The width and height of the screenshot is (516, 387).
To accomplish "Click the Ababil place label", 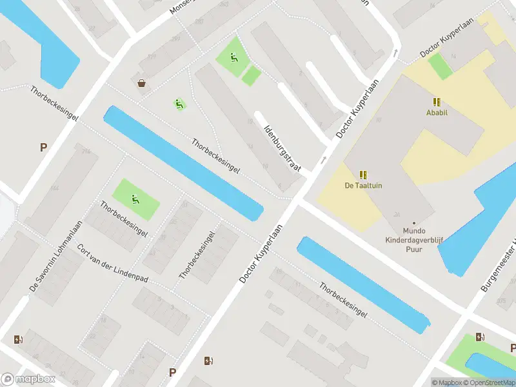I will coord(437,112).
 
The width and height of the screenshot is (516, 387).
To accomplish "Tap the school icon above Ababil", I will coord(437,102).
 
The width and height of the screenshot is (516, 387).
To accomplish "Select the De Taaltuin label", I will coord(363,186).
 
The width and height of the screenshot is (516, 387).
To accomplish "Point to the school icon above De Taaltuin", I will coord(363,175).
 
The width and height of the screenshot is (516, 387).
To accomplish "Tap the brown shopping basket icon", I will coord(141,83).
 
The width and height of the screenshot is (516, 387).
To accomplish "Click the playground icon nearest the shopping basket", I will coord(179,103).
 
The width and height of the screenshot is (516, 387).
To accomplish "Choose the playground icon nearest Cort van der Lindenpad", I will coord(135,199).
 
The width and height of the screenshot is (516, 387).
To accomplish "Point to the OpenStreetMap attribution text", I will coord(491,382).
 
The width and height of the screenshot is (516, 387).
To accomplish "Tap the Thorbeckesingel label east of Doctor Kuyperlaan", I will coord(343,299).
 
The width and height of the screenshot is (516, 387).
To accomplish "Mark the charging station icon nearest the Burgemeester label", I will coord(480,337).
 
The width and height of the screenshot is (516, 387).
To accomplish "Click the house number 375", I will coord(501,301).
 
